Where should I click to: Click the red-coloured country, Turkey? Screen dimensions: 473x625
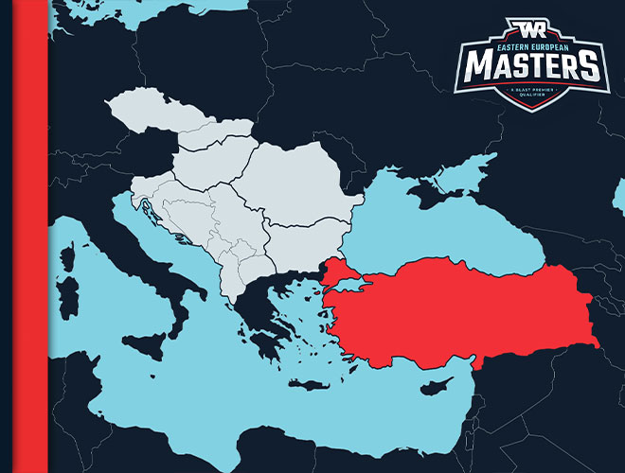point(455,303)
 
